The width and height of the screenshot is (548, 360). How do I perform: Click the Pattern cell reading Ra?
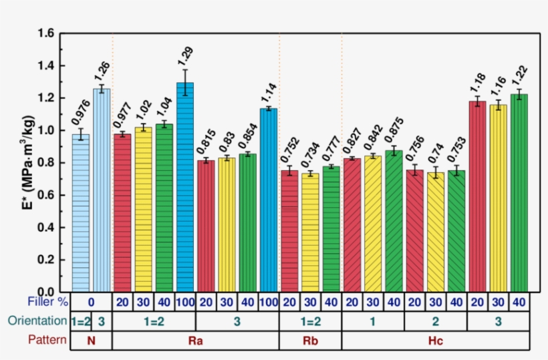click(195, 340)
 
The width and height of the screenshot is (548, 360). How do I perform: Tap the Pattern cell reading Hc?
click(434, 340)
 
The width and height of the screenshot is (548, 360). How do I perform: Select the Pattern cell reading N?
click(91, 340)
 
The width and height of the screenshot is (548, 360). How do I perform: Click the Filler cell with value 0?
click(91, 302)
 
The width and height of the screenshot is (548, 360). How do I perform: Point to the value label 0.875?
click(395, 128)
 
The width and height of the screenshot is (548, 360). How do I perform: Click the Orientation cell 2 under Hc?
click(435, 321)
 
